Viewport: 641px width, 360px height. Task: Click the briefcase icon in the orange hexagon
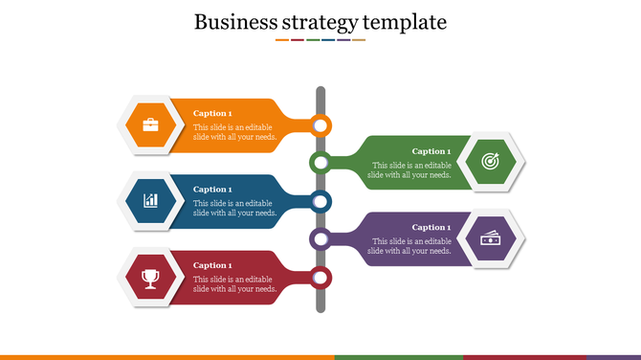pos(151,124)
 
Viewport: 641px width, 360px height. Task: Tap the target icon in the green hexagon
pos(490,163)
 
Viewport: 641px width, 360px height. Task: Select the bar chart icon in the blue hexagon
pos(151,201)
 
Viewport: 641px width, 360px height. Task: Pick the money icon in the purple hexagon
pos(490,239)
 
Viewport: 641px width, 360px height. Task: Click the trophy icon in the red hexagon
pos(150,278)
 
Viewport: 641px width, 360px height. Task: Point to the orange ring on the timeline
pos(320,124)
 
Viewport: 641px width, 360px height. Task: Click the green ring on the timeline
pos(320,163)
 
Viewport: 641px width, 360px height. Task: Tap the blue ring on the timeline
pos(320,201)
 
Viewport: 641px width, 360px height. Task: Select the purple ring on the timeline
pos(320,239)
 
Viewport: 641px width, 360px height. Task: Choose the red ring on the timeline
pos(320,278)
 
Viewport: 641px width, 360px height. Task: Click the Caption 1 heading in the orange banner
pos(212,113)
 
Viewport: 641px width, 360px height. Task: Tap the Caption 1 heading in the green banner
pos(431,151)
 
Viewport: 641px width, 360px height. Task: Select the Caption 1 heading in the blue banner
pos(212,190)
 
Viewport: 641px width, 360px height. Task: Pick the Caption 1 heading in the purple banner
pos(431,228)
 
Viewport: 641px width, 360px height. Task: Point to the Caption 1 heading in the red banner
pos(212,265)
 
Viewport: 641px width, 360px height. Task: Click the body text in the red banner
pos(234,283)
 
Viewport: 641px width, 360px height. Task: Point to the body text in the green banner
pos(409,169)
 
